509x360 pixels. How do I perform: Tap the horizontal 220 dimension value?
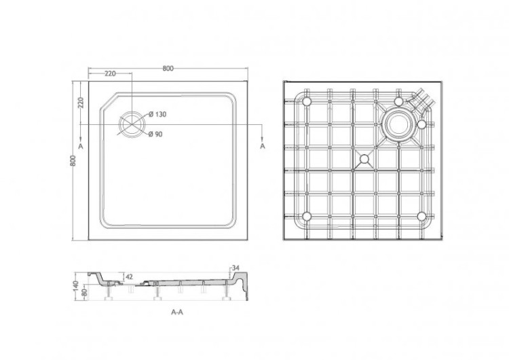tap(109, 73)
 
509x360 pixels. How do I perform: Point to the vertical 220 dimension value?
tap(80, 103)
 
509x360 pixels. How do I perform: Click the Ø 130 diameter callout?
tap(157, 114)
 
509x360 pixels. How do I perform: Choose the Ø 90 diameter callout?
tap(155, 134)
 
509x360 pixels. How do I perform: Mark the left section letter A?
tap(81, 146)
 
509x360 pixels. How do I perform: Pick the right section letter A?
tap(263, 146)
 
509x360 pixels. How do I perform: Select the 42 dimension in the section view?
tap(129, 276)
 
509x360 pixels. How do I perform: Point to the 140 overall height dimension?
tap(77, 285)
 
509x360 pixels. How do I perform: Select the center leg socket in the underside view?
tap(364, 160)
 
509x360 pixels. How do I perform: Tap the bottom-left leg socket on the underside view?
tap(307, 216)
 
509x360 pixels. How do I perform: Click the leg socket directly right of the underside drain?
tap(422, 124)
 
